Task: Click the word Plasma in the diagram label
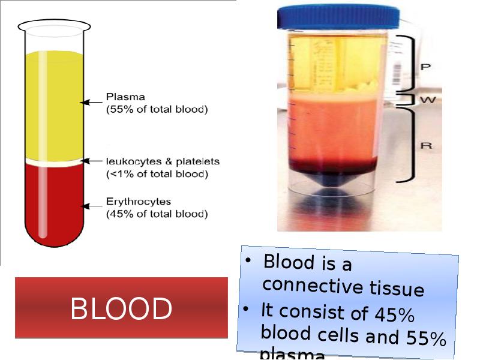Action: tap(125, 97)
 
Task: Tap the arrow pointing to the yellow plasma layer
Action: tap(92, 102)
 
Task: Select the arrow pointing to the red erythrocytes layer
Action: tap(92, 206)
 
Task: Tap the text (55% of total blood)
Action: tap(157, 109)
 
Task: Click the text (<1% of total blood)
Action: tap(157, 175)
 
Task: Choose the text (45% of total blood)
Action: tap(157, 214)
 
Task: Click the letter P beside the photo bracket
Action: tap(425, 67)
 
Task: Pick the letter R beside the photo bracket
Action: tap(425, 145)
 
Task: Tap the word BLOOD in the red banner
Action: tap(121, 309)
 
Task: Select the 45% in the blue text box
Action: tap(394, 314)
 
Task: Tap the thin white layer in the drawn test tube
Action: tap(54, 161)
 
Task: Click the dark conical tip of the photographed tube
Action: tap(334, 185)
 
